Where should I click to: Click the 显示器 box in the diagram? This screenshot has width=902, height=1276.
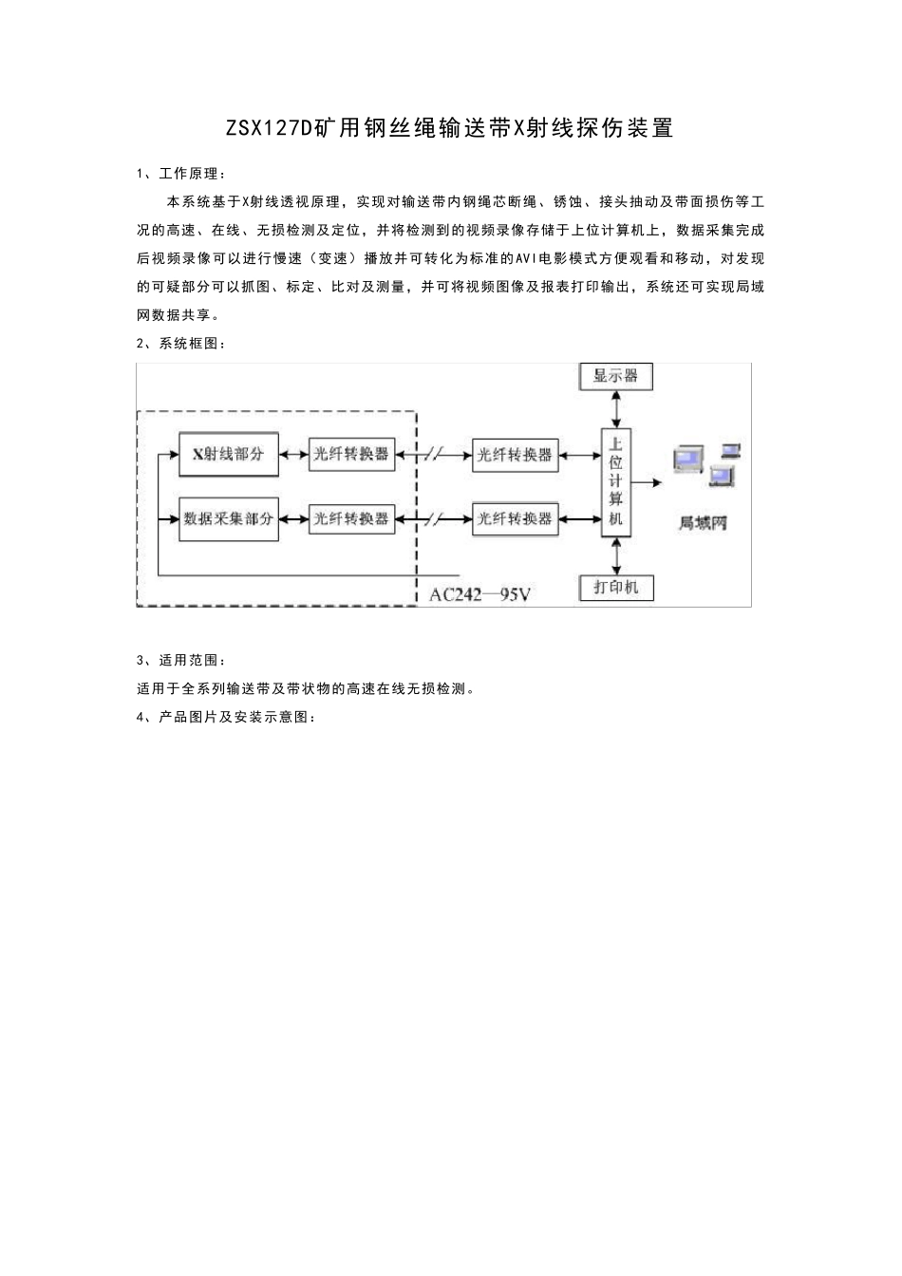click(616, 376)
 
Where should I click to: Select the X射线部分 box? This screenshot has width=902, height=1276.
click(229, 455)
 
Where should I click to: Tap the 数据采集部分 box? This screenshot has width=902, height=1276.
click(229, 519)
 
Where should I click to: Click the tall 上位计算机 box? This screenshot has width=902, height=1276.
click(616, 481)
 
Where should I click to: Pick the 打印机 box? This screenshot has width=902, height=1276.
click(616, 588)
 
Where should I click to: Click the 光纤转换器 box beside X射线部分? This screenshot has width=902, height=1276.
click(351, 455)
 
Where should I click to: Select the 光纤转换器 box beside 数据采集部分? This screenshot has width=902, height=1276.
click(351, 519)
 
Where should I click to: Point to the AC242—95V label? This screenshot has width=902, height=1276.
click(479, 595)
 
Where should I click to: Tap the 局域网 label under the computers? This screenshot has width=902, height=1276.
click(704, 523)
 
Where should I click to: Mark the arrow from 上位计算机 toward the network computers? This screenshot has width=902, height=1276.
click(648, 482)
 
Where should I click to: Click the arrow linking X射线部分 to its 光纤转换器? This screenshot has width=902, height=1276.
click(293, 455)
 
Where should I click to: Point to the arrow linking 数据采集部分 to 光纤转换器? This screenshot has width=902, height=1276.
click(293, 519)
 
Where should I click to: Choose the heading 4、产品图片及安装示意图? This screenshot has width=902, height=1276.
click(226, 717)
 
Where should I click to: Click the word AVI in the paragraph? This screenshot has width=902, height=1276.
click(528, 258)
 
